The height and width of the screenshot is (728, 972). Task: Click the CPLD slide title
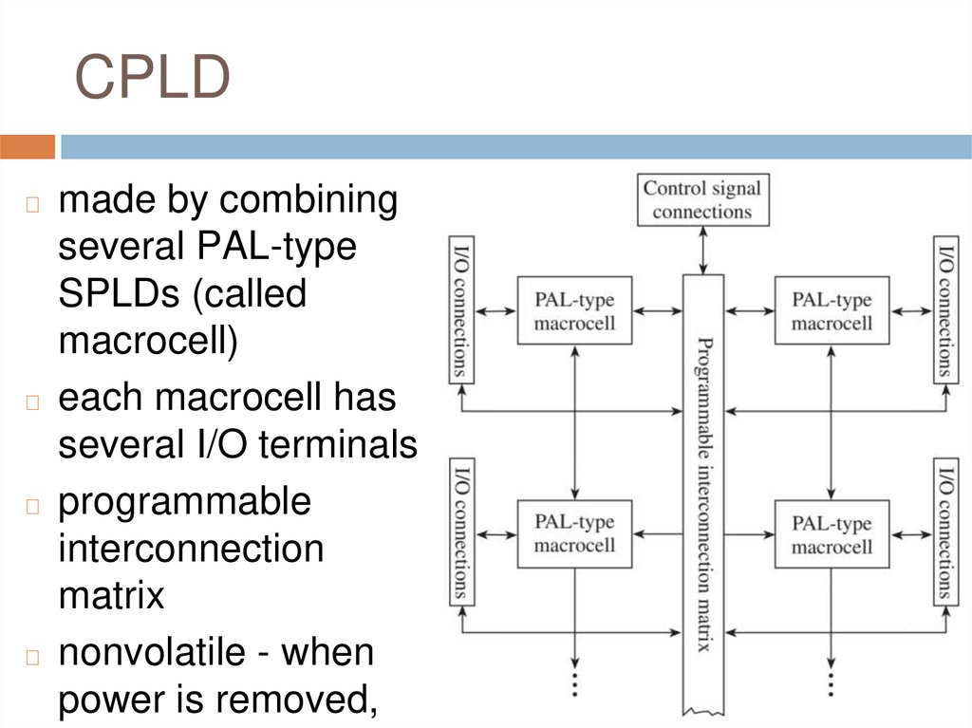coord(152,79)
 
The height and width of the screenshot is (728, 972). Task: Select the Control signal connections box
coord(701,200)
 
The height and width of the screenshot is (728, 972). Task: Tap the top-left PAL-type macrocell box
coord(574,310)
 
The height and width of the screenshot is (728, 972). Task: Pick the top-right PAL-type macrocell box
coord(832,310)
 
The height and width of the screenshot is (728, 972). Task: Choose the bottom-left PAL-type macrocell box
coord(574,533)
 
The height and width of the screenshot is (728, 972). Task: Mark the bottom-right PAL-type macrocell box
coord(832,534)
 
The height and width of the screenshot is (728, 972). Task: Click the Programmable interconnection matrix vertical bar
coord(703,494)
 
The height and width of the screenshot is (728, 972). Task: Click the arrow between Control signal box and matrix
coord(701,250)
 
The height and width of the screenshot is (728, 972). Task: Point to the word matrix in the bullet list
coord(111,595)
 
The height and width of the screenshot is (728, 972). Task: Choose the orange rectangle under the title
coord(28,147)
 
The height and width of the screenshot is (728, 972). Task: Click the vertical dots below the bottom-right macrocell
coord(832,683)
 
